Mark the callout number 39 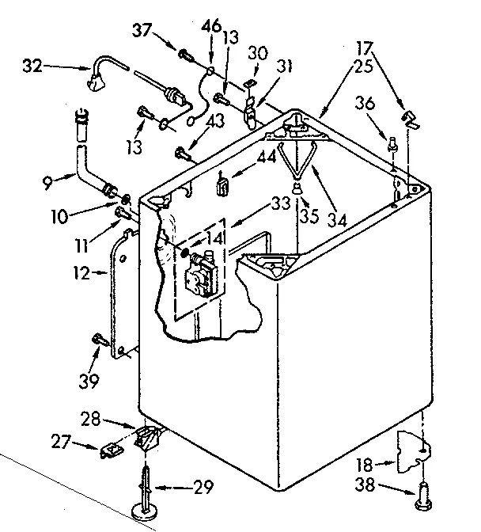(x=89, y=382)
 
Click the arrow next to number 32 (x=66, y=68)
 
